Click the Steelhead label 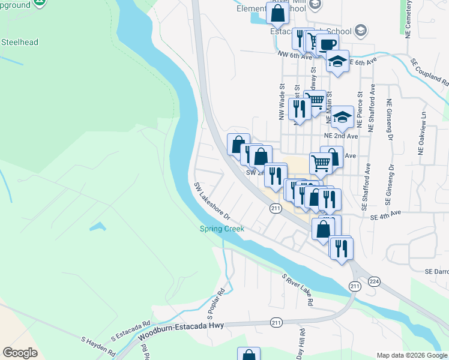click(19, 42)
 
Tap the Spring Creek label click(222, 229)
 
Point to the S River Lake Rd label click(298, 290)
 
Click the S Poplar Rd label click(215, 304)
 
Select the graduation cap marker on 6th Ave click(338, 61)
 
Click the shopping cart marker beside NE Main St click(315, 100)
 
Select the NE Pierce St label click(360, 109)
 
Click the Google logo click(20, 353)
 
